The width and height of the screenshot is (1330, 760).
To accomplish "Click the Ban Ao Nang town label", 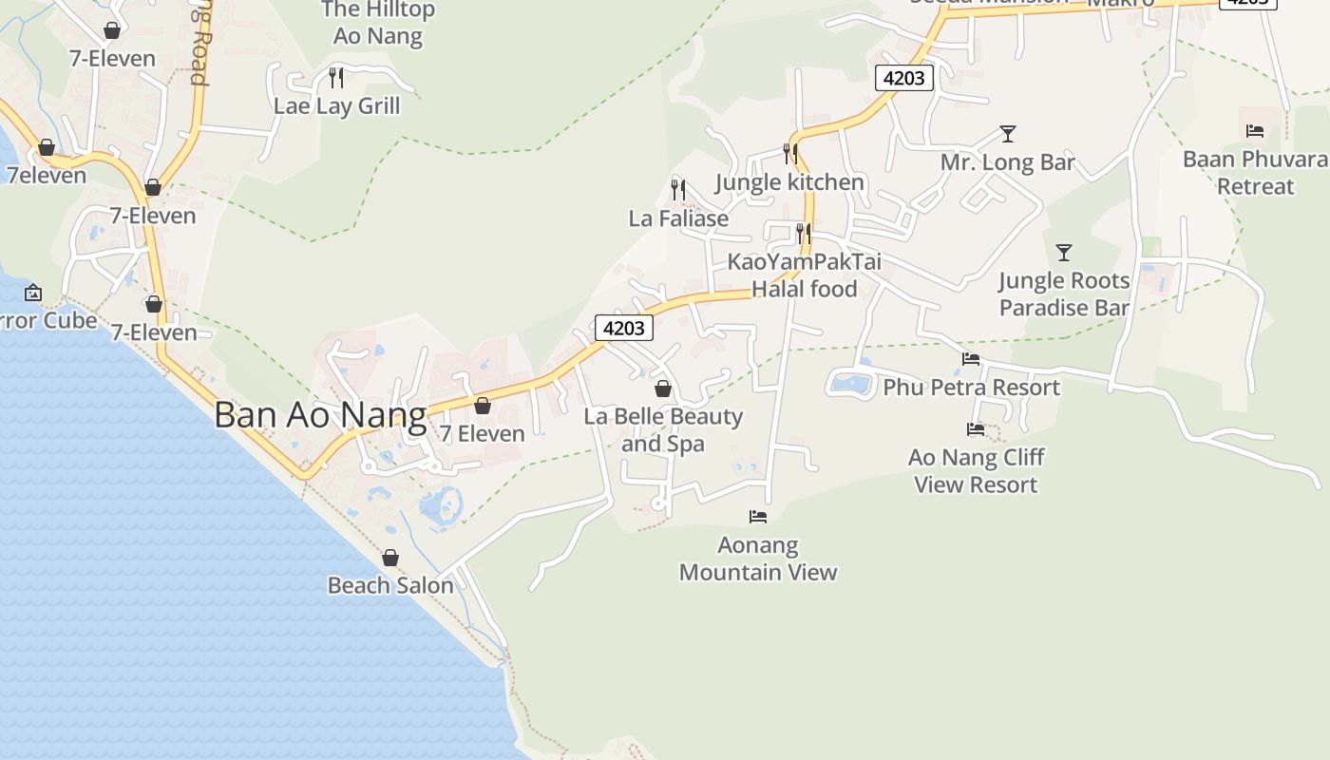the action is tap(320, 416).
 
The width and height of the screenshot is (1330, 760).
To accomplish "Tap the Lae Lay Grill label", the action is tap(336, 105).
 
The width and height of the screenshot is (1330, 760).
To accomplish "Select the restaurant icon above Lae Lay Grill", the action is tap(336, 77).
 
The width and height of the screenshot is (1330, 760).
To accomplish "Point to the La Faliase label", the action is tap(678, 218).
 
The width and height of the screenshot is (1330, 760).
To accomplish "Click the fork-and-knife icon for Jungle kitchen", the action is tap(790, 153).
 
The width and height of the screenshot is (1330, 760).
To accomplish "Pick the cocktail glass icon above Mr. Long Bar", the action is tap(1008, 134).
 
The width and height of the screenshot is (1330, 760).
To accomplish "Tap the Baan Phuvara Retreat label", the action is tap(1255, 172).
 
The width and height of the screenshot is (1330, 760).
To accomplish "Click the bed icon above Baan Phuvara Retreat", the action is tap(1255, 131).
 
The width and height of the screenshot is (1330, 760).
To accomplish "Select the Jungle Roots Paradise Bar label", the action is tap(1064, 294).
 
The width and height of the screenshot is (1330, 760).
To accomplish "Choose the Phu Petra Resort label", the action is tap(971, 388).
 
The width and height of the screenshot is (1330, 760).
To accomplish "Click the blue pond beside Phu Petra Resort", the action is tap(851, 384).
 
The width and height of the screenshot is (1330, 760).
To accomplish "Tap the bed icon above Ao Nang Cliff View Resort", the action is tap(976, 429).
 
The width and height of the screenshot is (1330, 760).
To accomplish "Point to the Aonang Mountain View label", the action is tap(758, 559).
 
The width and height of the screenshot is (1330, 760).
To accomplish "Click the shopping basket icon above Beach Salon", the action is tap(390, 558).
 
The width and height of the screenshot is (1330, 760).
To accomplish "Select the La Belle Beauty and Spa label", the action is tap(663, 429).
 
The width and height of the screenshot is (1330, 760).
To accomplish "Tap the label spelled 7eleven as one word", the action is tap(47, 176).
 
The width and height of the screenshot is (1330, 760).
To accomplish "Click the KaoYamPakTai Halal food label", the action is tap(805, 275).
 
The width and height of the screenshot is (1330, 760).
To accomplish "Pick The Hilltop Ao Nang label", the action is tap(378, 23).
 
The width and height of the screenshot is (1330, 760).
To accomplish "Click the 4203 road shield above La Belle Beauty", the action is tap(624, 328).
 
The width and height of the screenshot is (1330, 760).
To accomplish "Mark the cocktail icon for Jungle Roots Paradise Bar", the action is tap(1064, 253).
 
